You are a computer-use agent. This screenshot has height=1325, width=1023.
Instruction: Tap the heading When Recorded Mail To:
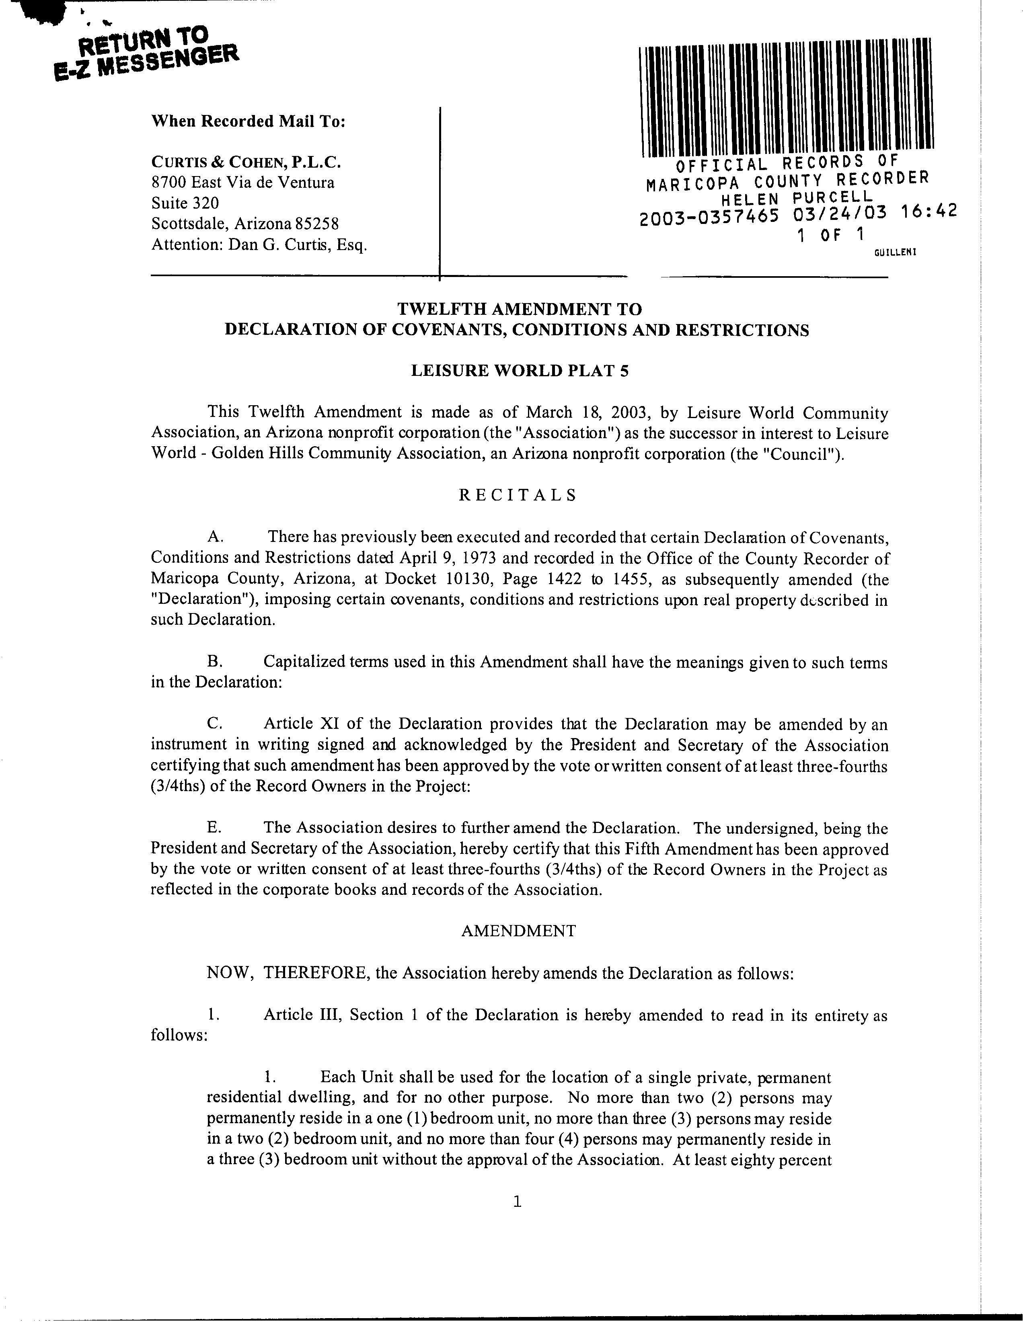pos(248,121)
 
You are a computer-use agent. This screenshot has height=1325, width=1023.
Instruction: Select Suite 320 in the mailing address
pos(185,203)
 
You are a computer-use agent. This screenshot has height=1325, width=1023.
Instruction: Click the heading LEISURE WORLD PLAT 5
pos(520,370)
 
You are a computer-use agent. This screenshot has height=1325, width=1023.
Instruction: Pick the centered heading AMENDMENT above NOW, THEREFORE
pos(518,931)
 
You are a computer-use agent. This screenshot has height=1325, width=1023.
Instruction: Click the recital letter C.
pos(214,724)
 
